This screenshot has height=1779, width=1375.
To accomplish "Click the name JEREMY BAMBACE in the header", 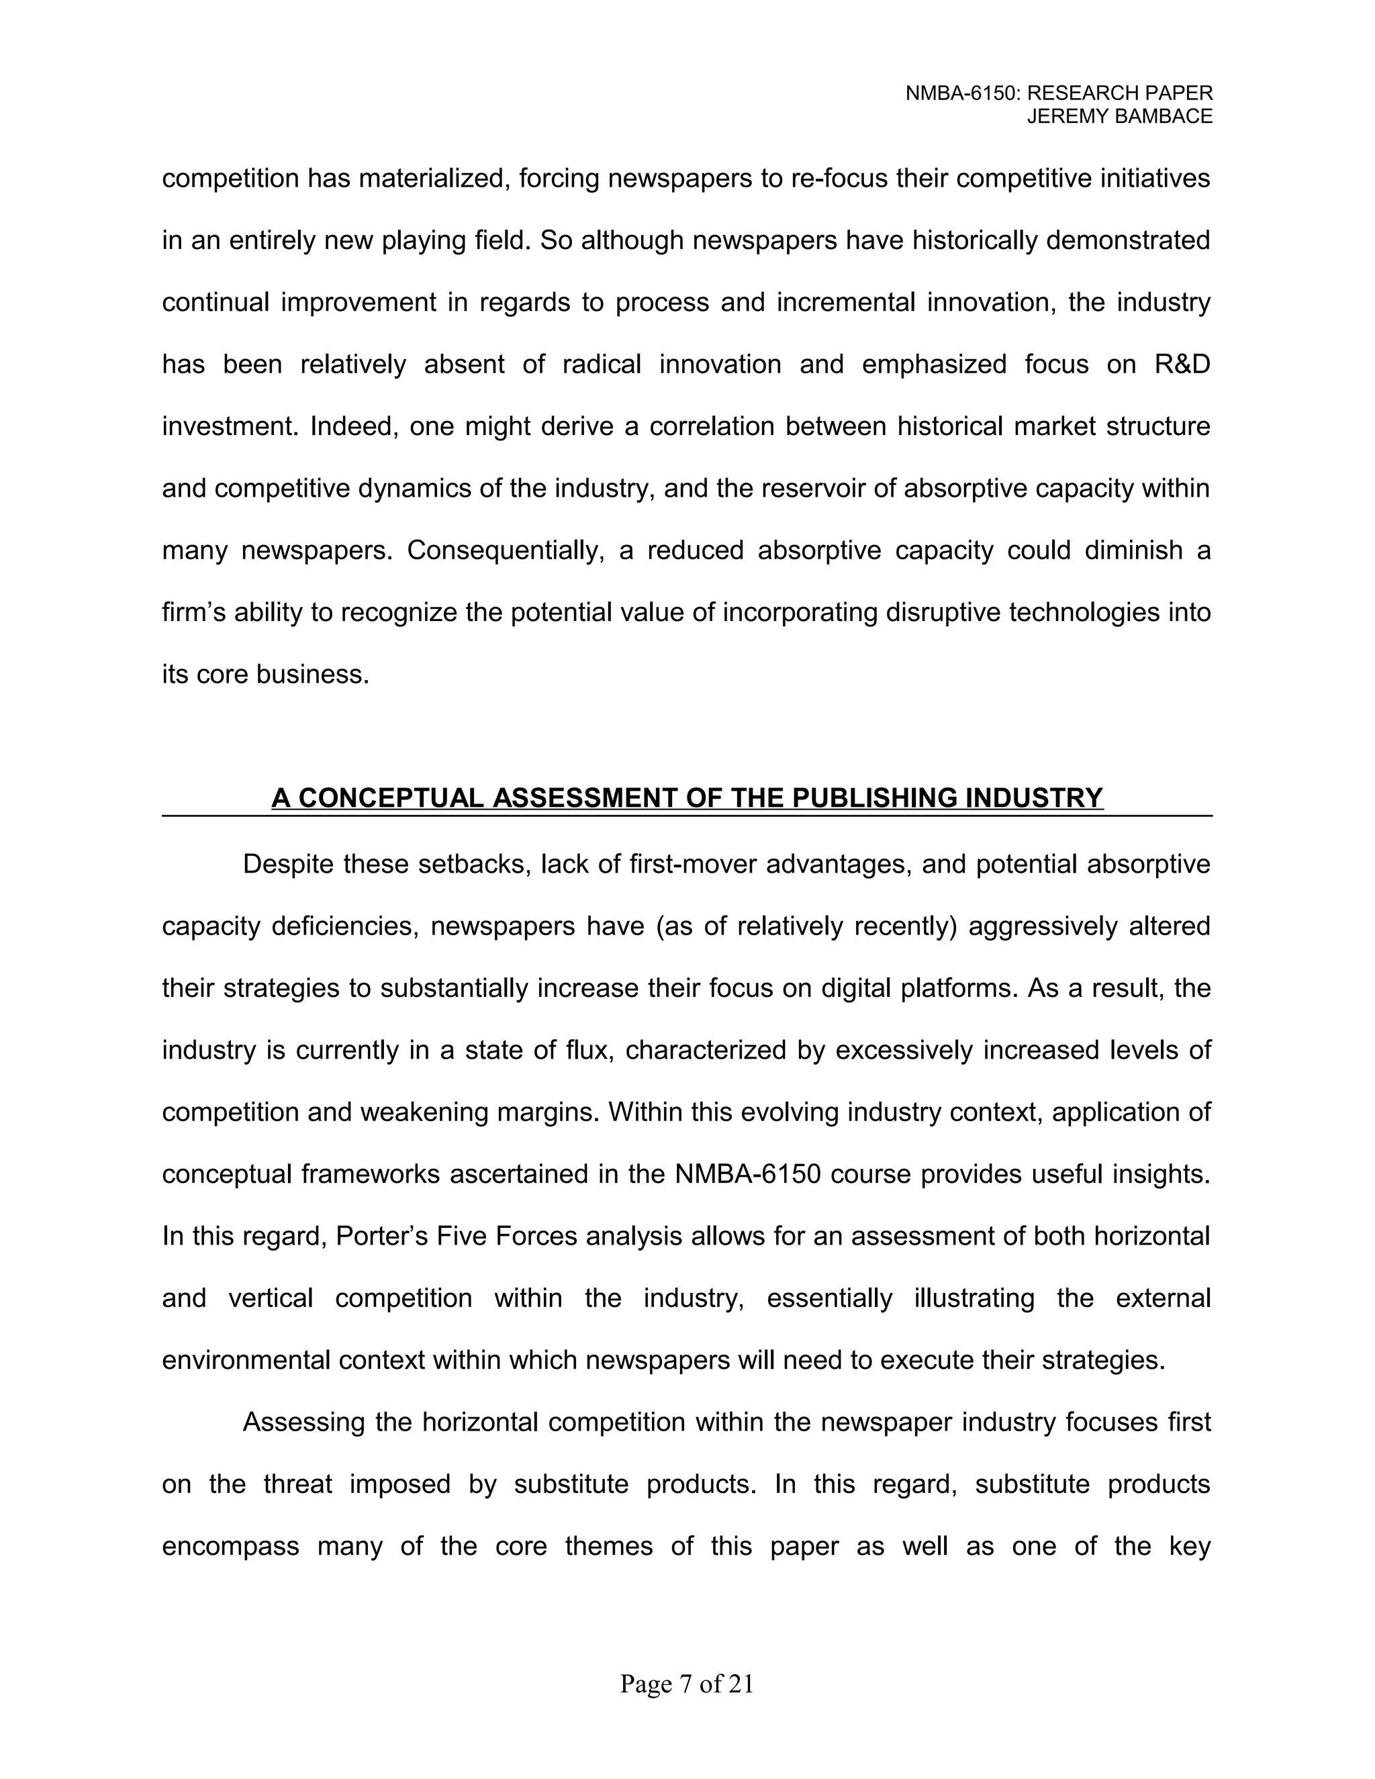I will tap(1119, 117).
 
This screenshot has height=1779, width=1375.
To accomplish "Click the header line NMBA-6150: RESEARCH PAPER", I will tap(1059, 94).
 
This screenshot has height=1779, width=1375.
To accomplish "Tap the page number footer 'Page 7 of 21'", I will tap(687, 1684).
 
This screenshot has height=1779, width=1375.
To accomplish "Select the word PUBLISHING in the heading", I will tap(873, 798).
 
